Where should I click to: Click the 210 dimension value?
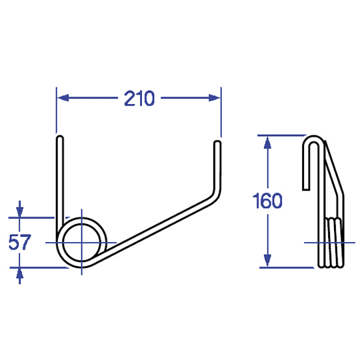click(139, 98)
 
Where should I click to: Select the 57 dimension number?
click(19, 242)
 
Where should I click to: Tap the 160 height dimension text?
click(267, 201)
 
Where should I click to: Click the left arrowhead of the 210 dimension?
click(63, 98)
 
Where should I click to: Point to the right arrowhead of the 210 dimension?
click(214, 98)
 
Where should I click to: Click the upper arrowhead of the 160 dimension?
click(267, 143)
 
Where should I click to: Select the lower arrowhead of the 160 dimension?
click(267, 261)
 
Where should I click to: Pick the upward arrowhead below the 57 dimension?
click(19, 273)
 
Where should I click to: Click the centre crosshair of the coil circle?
click(81, 243)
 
